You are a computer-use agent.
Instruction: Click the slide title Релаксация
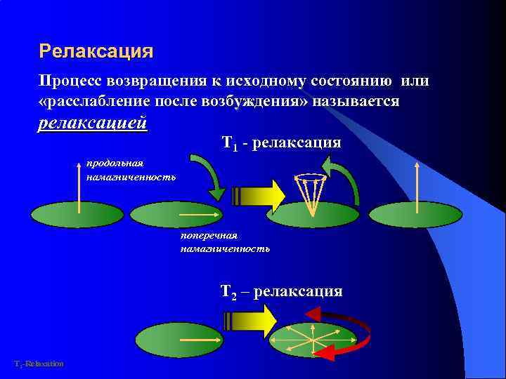pos(96,51)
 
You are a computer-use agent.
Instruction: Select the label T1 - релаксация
pos(281,143)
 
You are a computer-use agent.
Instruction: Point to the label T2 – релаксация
pos(281,291)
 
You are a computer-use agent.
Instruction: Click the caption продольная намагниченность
pos(131,171)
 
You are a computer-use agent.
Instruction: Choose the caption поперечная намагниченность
pos(225,242)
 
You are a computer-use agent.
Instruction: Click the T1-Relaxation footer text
pos(39,364)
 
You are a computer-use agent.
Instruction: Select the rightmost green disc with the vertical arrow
pos(415,214)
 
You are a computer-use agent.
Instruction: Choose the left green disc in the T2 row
pos(179,340)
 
